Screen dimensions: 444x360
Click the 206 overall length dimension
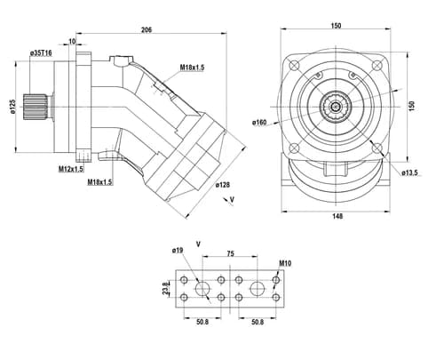pyautogui.click(x=147, y=30)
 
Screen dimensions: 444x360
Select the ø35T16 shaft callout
pyautogui.click(x=41, y=53)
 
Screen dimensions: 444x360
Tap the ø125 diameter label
pyautogui.click(x=12, y=107)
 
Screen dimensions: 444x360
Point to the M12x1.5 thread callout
pyautogui.click(x=71, y=169)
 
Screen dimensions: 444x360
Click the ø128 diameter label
pyautogui.click(x=223, y=185)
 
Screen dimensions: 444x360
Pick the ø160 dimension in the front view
pyautogui.click(x=259, y=123)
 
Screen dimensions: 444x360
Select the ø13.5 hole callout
pyautogui.click(x=409, y=173)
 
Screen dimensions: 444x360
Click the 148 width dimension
pyautogui.click(x=337, y=216)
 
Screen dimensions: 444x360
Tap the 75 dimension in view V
pyautogui.click(x=231, y=253)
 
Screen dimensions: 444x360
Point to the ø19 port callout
pyautogui.click(x=178, y=251)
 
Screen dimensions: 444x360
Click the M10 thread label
pyautogui.click(x=285, y=263)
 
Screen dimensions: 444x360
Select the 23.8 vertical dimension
pyautogui.click(x=165, y=288)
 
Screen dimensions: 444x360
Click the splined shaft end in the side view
pyautogui.click(x=36, y=107)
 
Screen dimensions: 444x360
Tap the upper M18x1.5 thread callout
pyautogui.click(x=193, y=68)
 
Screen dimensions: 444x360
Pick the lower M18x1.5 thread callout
pyautogui.click(x=100, y=182)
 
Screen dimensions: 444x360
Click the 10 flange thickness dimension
pyautogui.click(x=72, y=41)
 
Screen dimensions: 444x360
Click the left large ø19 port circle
pyautogui.click(x=202, y=288)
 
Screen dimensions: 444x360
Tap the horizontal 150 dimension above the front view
pyautogui.click(x=336, y=26)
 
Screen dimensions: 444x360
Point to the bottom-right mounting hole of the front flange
pyautogui.click(x=377, y=148)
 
